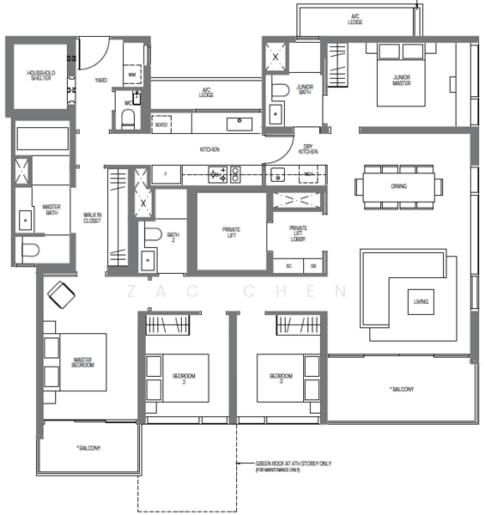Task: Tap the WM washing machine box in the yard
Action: point(132,76)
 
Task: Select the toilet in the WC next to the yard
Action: point(127,121)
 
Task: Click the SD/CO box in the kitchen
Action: point(161,124)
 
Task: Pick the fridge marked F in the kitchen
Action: point(166,174)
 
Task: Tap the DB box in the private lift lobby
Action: point(313,266)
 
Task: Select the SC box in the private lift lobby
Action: point(288,266)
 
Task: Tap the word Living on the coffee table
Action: point(421,302)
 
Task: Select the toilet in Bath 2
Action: point(151,233)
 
